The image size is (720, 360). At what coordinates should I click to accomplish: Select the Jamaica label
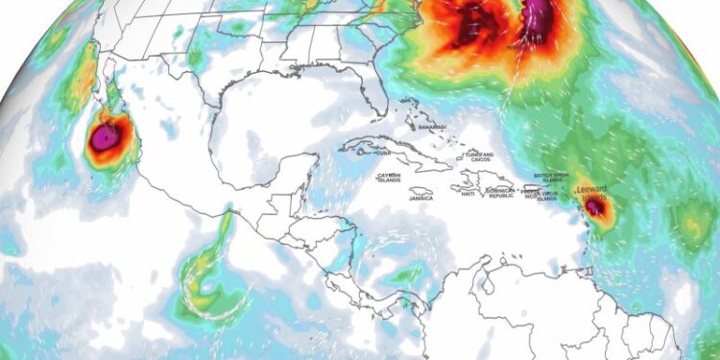tap(420, 198)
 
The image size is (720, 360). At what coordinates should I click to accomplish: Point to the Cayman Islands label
tap(388, 178)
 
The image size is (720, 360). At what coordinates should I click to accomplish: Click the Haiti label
tap(468, 194)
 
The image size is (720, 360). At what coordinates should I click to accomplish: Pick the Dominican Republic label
tap(500, 194)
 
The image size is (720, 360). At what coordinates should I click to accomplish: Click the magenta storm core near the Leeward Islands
tap(595, 205)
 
